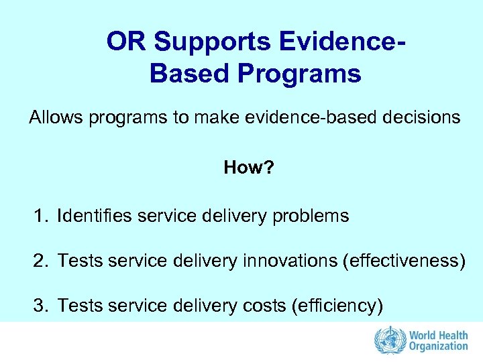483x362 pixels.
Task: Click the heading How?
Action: [x=249, y=167]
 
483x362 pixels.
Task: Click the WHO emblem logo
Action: [x=386, y=340]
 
